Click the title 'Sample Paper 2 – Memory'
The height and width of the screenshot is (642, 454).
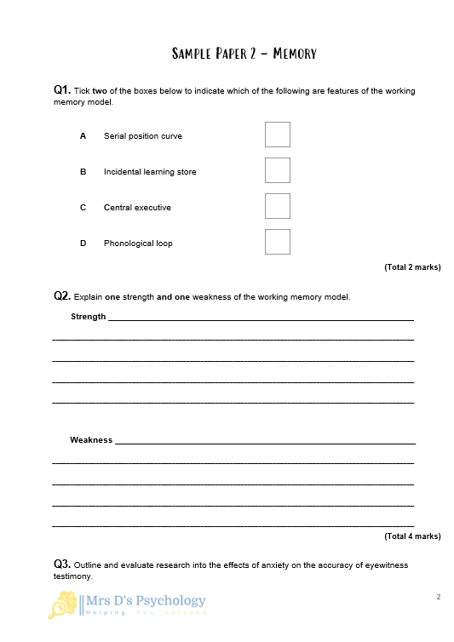(244, 54)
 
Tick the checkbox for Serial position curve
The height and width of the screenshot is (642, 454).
(277, 135)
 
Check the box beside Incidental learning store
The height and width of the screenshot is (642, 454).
(277, 170)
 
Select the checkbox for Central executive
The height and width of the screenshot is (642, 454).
(277, 206)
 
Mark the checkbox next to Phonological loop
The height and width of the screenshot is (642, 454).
(277, 242)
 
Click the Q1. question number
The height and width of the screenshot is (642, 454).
(62, 89)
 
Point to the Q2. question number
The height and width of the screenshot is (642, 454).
(62, 296)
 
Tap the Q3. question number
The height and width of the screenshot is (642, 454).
(62, 564)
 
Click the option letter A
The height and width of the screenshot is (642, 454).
(83, 136)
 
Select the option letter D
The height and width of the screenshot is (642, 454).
(83, 244)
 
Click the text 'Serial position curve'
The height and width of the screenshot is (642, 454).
(142, 136)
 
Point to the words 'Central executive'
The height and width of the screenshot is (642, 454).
(137, 208)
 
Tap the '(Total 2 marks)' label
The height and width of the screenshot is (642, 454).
(412, 267)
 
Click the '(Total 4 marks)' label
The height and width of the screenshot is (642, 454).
(412, 536)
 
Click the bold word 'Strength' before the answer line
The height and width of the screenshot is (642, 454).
(88, 317)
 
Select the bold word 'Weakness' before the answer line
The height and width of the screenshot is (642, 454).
(91, 440)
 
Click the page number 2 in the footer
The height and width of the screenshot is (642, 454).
(438, 597)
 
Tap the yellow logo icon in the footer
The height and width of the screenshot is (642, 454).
(63, 605)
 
